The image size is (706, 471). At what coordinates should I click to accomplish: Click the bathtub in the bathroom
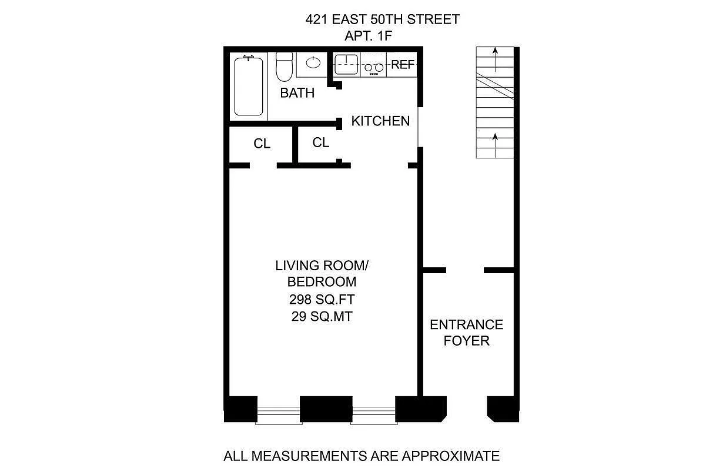click(249, 86)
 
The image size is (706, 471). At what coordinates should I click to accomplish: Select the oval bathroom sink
click(314, 62)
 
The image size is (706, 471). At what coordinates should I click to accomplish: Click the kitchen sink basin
click(346, 62)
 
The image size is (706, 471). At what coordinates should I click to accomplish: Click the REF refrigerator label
click(403, 65)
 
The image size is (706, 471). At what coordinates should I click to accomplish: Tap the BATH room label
click(297, 93)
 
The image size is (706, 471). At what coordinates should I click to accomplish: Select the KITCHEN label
click(380, 121)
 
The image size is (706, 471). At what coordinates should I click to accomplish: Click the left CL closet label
click(262, 144)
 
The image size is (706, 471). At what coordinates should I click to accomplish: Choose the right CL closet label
click(320, 142)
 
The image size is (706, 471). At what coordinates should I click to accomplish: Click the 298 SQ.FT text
click(316, 298)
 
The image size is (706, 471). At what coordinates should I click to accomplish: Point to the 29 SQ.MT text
click(316, 316)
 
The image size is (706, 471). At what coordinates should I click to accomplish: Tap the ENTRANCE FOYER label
click(466, 333)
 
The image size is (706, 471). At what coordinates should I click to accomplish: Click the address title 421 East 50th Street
click(382, 19)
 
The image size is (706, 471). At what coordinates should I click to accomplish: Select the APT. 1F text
click(368, 36)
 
